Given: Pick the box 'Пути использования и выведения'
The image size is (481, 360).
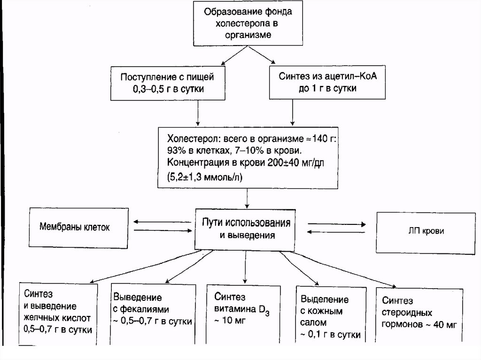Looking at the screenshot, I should (x=247, y=229).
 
